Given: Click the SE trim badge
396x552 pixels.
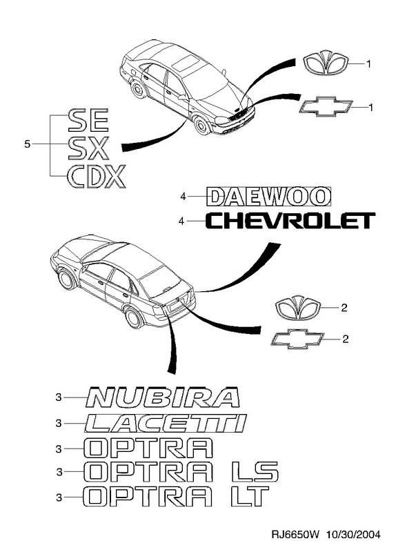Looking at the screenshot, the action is pyautogui.click(x=88, y=120).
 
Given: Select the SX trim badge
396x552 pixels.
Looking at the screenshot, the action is pyautogui.click(x=88, y=148).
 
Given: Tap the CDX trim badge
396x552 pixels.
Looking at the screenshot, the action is pyautogui.click(x=96, y=176).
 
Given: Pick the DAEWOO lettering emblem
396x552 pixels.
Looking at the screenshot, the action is pyautogui.click(x=269, y=196).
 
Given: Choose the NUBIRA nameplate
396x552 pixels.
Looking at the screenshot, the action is pyautogui.click(x=163, y=397).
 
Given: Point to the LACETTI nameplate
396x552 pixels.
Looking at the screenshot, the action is pyautogui.click(x=166, y=423).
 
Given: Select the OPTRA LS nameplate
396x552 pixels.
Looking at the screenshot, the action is pyautogui.click(x=181, y=471).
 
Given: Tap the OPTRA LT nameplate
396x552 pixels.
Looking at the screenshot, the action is pyautogui.click(x=176, y=496).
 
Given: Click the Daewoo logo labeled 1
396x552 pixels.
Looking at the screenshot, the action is pyautogui.click(x=326, y=65).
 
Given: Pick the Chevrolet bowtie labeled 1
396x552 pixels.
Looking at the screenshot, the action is pyautogui.click(x=326, y=107).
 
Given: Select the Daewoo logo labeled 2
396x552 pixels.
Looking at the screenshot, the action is pyautogui.click(x=298, y=308).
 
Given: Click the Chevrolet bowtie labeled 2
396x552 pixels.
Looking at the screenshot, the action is pyautogui.click(x=297, y=339).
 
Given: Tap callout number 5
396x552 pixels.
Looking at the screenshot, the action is pyautogui.click(x=27, y=144).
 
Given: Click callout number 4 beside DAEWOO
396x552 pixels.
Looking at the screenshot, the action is pyautogui.click(x=183, y=197).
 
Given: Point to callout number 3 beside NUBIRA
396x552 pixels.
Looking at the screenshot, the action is pyautogui.click(x=59, y=397).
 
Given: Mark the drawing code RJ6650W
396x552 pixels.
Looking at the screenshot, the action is pyautogui.click(x=295, y=535).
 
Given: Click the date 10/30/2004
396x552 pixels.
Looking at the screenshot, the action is pyautogui.click(x=353, y=535).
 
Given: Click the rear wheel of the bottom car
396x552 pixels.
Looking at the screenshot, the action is pyautogui.click(x=135, y=318).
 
